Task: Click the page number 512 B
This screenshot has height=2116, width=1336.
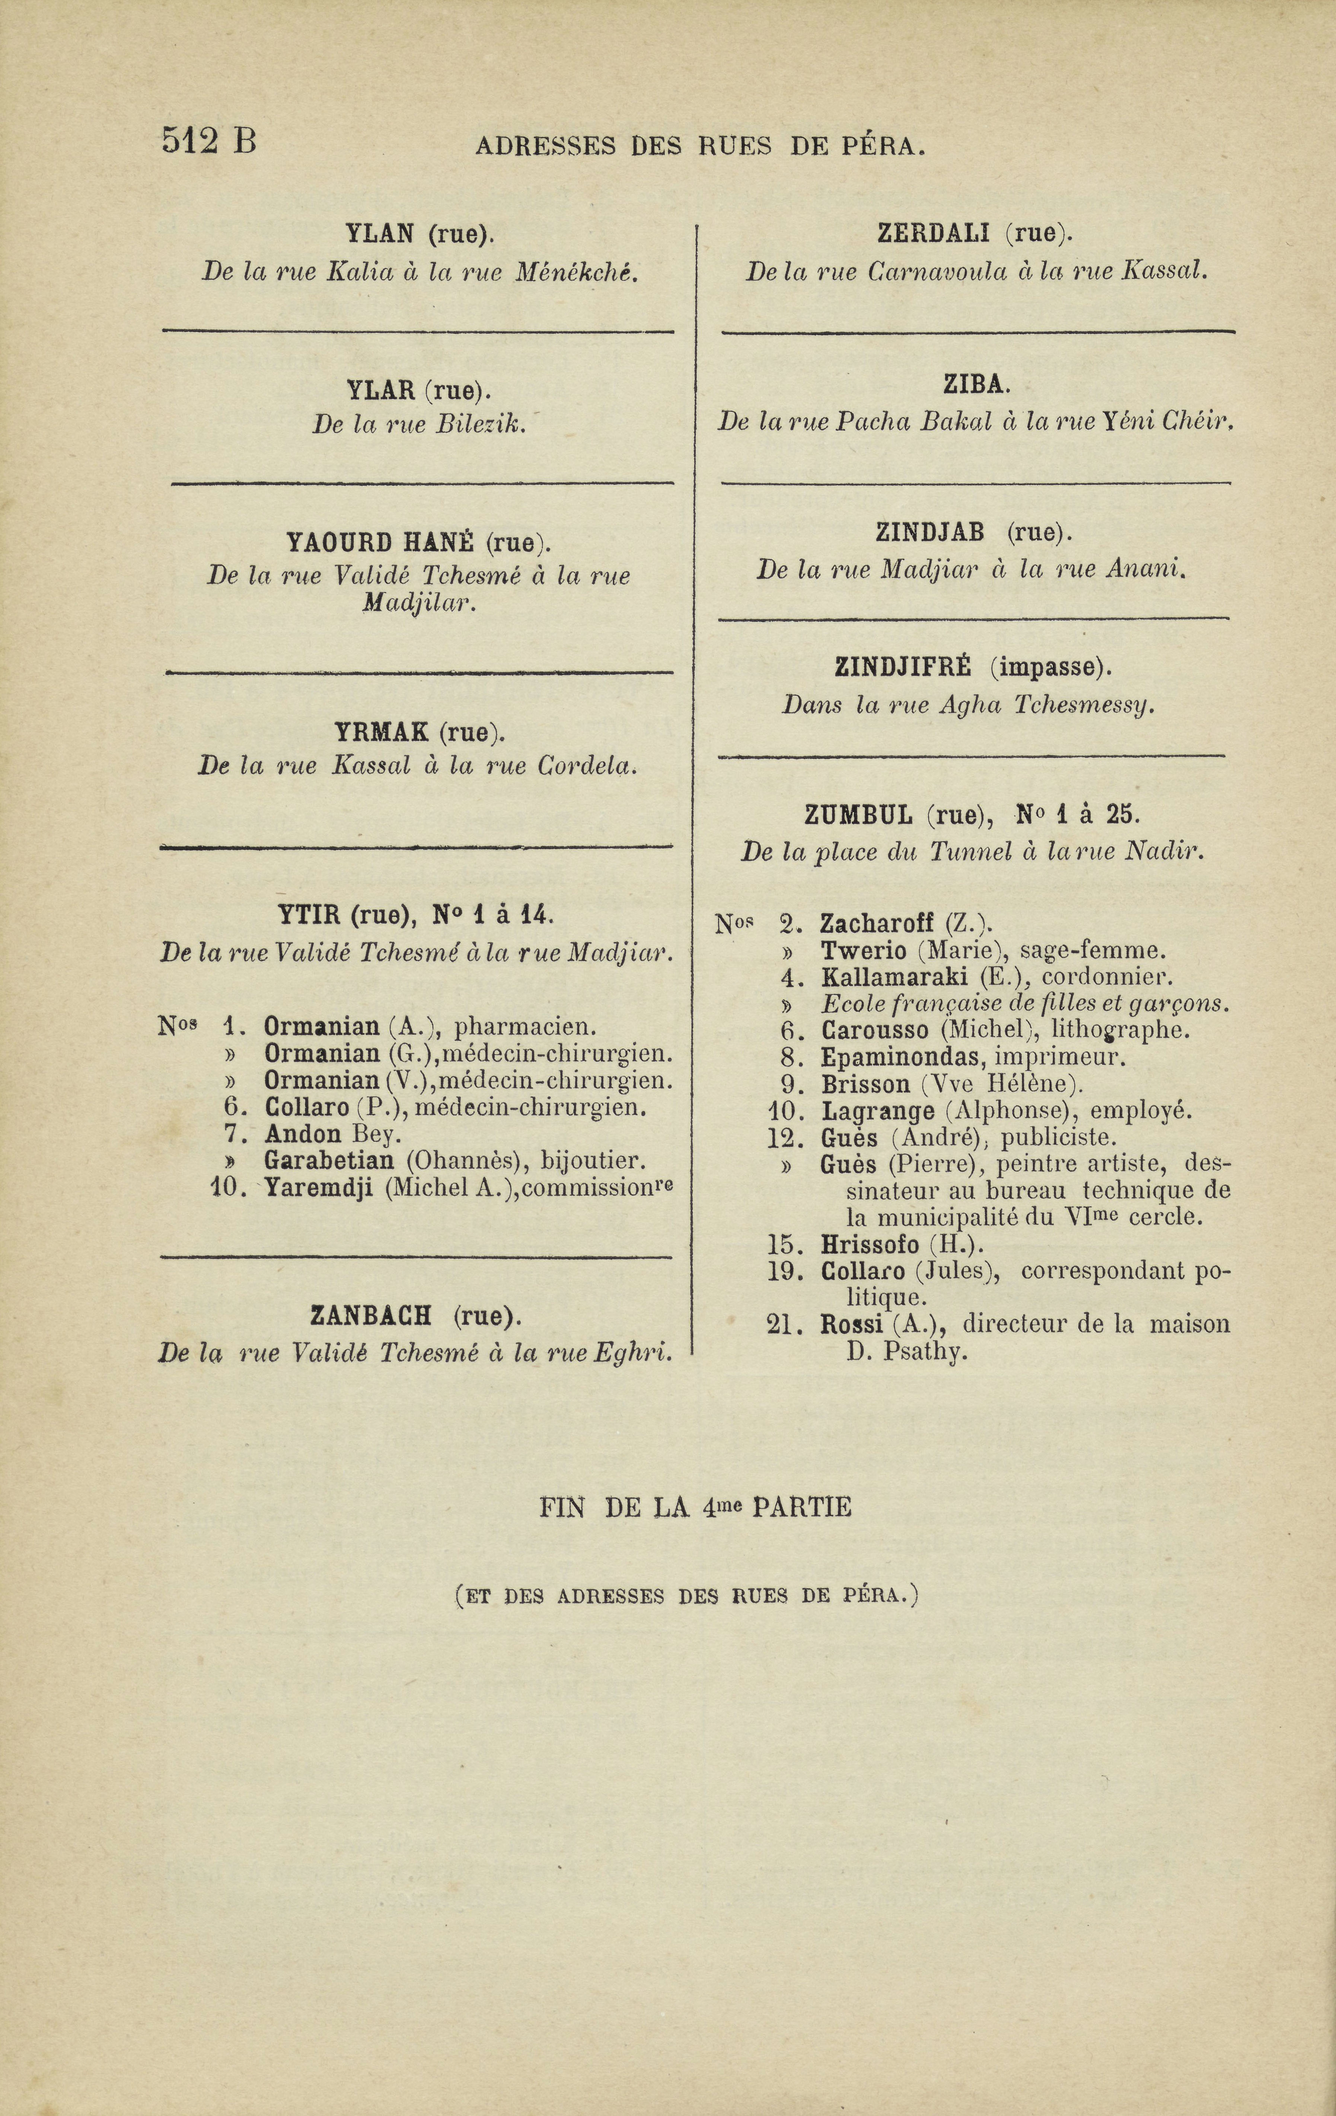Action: [x=208, y=141]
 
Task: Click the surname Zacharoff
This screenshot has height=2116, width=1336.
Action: [x=876, y=925]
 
